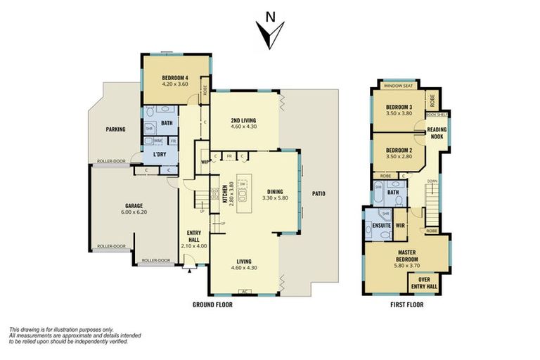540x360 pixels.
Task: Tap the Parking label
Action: click(x=115, y=129)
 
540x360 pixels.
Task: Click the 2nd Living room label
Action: click(x=244, y=121)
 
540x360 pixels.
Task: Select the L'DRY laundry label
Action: click(x=160, y=155)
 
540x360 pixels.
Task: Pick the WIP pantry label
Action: click(x=205, y=161)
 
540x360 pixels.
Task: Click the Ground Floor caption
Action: click(x=212, y=305)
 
